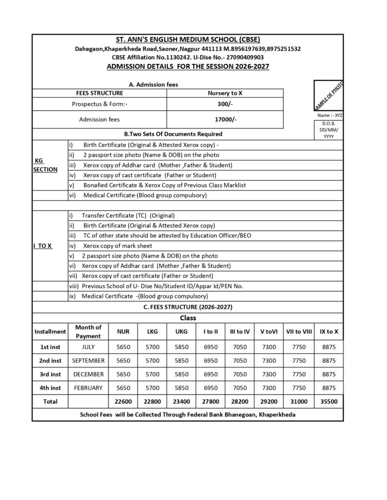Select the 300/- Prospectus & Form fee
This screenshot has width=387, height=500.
click(x=225, y=104)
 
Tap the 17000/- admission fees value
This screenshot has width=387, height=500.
click(x=225, y=119)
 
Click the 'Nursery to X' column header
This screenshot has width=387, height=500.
click(x=225, y=93)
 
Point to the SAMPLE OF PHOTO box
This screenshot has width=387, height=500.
click(x=329, y=96)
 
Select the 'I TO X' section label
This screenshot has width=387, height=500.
click(x=43, y=246)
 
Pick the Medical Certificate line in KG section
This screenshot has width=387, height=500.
click(x=145, y=195)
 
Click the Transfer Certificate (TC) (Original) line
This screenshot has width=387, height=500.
click(x=128, y=215)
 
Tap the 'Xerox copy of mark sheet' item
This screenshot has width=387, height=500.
click(x=117, y=246)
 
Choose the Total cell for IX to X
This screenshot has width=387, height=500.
click(x=329, y=401)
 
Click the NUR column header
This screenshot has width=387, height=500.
click(x=123, y=332)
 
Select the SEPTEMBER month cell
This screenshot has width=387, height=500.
click(x=88, y=361)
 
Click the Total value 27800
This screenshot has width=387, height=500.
click(x=210, y=401)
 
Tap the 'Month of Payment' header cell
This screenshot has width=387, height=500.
click(x=88, y=332)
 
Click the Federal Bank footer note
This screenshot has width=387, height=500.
click(x=187, y=415)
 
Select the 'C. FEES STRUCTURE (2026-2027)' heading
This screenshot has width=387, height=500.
click(x=187, y=307)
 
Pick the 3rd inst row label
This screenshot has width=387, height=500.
click(x=50, y=375)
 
